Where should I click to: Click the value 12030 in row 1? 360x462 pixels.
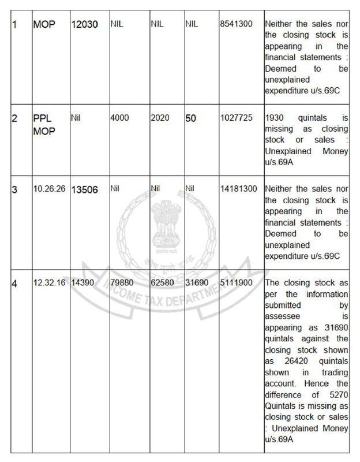coord(84,24)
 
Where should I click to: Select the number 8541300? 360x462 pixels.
coord(237,24)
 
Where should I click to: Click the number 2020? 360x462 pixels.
coord(160,118)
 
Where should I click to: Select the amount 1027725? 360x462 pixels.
coord(237,118)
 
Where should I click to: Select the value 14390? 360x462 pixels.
coord(83,282)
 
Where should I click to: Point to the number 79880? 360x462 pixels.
coord(122,282)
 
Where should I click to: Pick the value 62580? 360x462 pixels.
coord(162,282)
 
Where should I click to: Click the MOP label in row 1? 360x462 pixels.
coord(44,24)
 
